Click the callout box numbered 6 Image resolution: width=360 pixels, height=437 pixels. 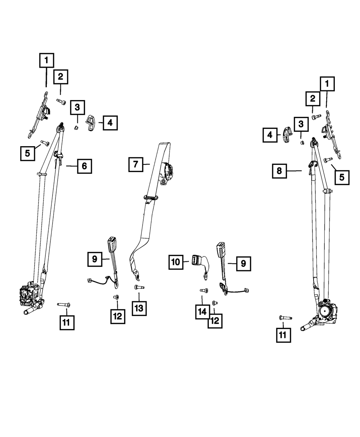tap(84, 166)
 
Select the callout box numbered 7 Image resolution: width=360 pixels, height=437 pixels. tap(135, 165)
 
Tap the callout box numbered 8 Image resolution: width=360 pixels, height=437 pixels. tap(279, 171)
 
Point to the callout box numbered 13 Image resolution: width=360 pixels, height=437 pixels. tap(139, 308)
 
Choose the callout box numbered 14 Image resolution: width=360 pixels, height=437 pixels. tap(202, 312)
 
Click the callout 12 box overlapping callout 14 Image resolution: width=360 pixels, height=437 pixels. tap(215, 320)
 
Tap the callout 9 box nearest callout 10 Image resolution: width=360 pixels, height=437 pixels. tap(243, 263)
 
